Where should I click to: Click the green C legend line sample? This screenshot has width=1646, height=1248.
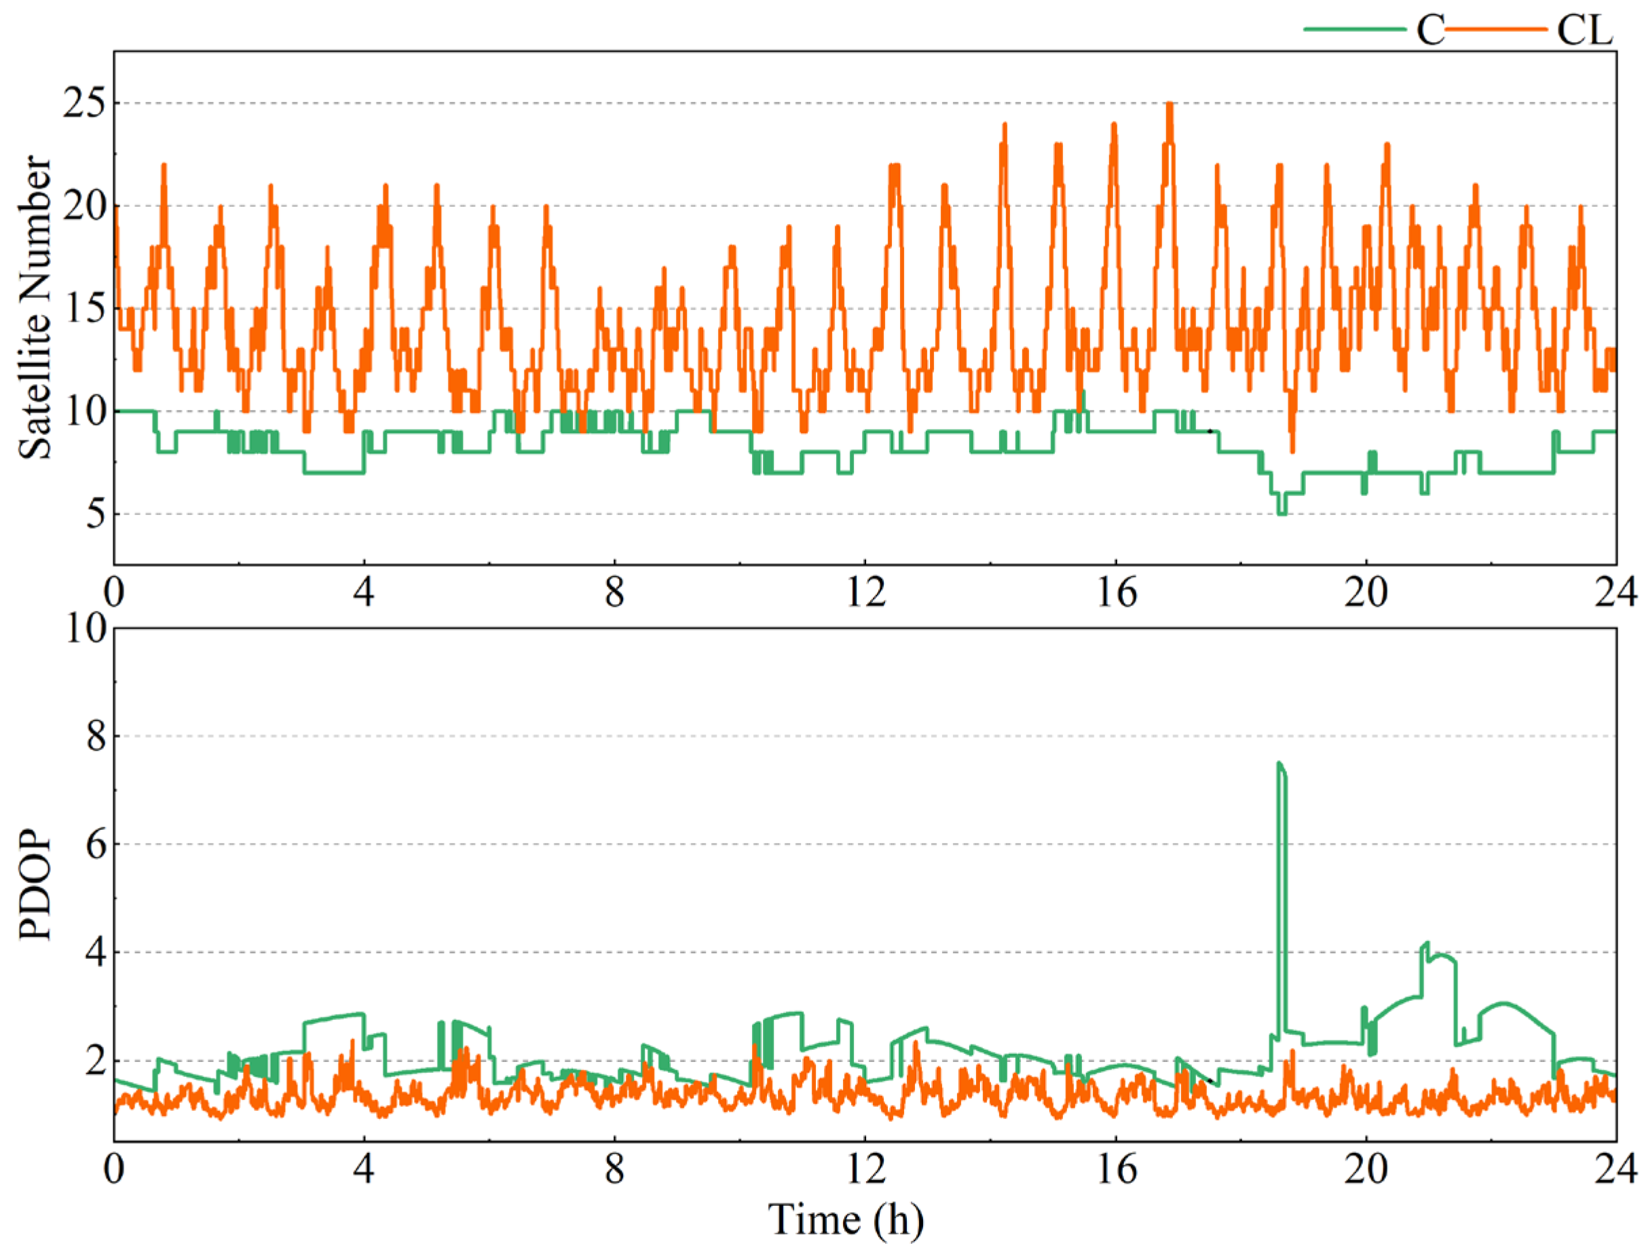1354,29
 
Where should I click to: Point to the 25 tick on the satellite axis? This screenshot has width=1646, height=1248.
83,103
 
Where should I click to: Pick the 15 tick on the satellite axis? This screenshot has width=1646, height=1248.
83,309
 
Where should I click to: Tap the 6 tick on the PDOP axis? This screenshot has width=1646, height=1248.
95,844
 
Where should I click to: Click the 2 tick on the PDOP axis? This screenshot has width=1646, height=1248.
95,1061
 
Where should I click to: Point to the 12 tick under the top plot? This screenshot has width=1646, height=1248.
866,594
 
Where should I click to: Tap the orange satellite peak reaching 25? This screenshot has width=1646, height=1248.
1170,105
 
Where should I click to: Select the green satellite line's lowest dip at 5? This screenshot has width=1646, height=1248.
1282,514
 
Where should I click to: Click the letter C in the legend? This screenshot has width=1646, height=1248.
1429,31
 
